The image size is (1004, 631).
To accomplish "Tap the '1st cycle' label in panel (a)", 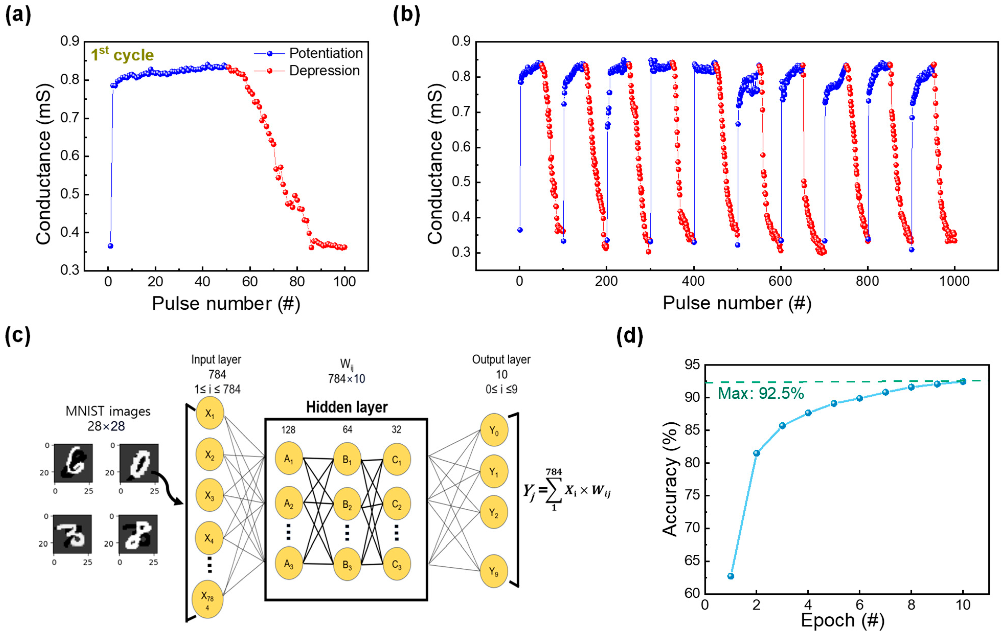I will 122,55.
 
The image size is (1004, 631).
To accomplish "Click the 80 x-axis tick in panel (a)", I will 297,282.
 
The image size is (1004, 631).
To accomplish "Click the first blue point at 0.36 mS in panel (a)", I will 110,246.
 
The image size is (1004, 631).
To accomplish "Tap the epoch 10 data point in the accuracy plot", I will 963,381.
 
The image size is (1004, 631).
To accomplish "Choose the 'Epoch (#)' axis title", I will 842,620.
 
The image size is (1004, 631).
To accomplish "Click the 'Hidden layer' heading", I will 347,407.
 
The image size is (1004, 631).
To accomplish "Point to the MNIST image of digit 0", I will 139,463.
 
